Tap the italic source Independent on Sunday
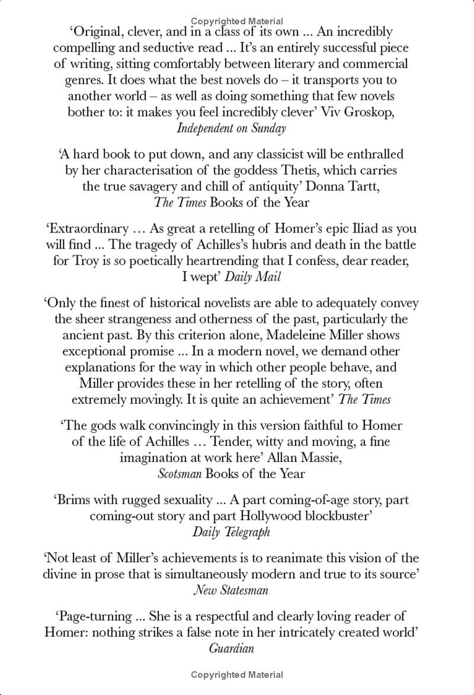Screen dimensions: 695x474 [x=237, y=128]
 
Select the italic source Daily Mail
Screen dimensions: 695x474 [x=261, y=277]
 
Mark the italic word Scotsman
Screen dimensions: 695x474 [x=180, y=474]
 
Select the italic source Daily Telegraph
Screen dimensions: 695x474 [x=231, y=531]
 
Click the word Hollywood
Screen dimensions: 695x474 [x=269, y=515]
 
